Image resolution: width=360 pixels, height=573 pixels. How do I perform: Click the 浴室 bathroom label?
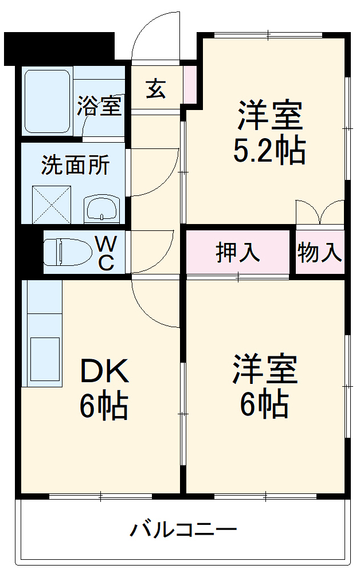pyautogui.click(x=100, y=107)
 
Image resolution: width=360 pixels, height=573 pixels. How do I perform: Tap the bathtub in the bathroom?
pyautogui.click(x=47, y=100)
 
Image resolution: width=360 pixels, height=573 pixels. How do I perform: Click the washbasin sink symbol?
pyautogui.click(x=102, y=208)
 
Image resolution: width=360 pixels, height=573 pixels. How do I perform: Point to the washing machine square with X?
pyautogui.click(x=52, y=204)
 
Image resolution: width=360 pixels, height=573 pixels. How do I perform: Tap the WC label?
pyautogui.click(x=106, y=253)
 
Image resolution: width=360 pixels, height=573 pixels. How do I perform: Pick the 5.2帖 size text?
pyautogui.click(x=268, y=151)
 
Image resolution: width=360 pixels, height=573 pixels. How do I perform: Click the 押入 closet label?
pyautogui.click(x=237, y=252)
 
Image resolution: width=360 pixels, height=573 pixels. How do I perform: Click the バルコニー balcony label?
pyautogui.click(x=183, y=528)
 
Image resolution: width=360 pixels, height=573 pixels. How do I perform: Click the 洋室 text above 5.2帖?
pyautogui.click(x=269, y=115)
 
